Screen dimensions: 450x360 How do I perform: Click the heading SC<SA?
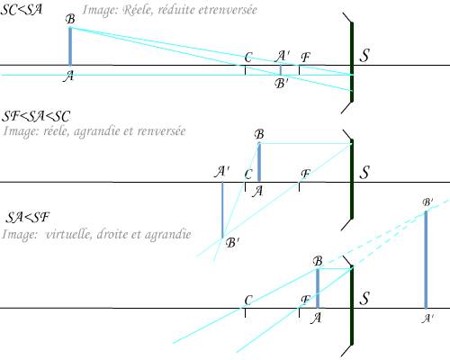click(x=21, y=9)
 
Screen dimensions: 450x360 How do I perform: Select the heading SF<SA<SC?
click(x=36, y=116)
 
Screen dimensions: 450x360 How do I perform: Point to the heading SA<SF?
click(x=28, y=217)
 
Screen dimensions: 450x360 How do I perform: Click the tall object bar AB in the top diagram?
click(x=70, y=47)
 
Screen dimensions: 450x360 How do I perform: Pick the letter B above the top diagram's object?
click(x=70, y=19)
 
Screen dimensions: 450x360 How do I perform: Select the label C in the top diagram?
click(x=248, y=57)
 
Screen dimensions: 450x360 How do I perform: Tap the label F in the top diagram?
click(x=305, y=57)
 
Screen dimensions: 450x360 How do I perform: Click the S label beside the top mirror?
click(x=364, y=56)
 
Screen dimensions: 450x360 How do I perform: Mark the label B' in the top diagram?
click(x=281, y=84)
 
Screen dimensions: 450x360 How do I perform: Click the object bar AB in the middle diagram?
click(x=259, y=162)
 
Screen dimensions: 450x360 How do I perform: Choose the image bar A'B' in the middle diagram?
click(x=222, y=210)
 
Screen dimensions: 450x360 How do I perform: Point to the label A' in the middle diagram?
click(x=222, y=172)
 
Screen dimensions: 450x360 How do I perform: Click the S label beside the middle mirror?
click(x=364, y=173)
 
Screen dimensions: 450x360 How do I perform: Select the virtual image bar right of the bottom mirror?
click(x=426, y=260)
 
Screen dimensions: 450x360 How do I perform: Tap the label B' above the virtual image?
click(x=427, y=202)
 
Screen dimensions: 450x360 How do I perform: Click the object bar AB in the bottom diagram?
click(x=318, y=288)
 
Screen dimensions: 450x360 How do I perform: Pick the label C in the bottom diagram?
click(x=248, y=301)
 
